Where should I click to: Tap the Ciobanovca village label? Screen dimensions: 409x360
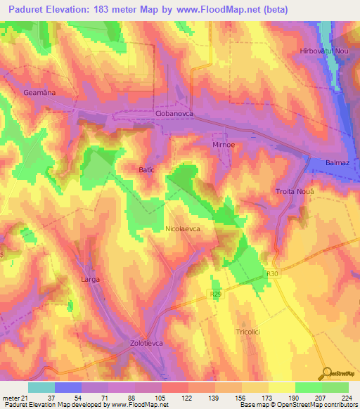click(x=173, y=113)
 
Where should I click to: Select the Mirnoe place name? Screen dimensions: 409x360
click(x=226, y=143)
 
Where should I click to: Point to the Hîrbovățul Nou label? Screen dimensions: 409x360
click(x=324, y=52)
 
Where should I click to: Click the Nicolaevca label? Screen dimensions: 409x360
click(x=184, y=229)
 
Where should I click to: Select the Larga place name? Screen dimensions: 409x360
click(x=90, y=279)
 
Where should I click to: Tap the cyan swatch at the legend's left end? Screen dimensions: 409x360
click(x=41, y=387)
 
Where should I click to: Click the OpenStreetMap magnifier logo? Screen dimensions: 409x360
click(x=326, y=373)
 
